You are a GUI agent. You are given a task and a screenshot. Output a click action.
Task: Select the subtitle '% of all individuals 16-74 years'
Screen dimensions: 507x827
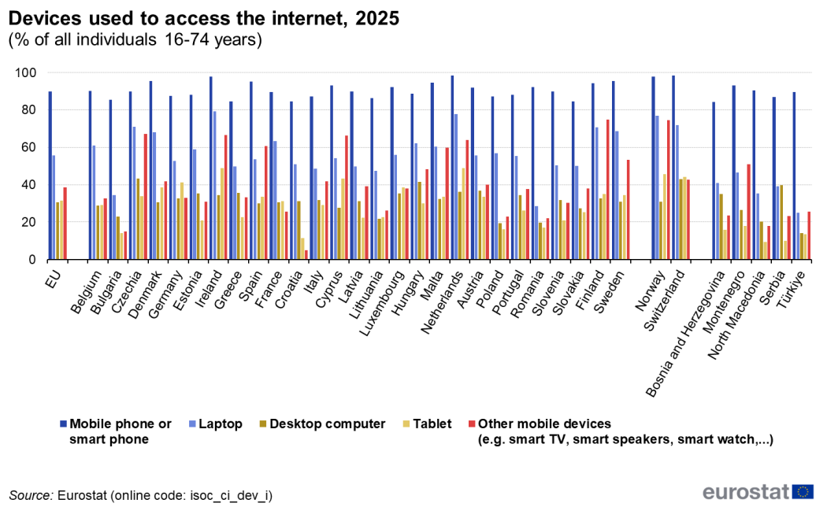click(135, 39)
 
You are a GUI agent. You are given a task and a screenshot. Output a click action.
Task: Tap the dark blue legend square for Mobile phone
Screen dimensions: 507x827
click(62, 424)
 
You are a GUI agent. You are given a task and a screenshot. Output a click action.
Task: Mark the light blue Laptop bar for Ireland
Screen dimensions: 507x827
click(215, 186)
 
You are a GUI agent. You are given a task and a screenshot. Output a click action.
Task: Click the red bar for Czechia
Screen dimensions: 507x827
click(145, 197)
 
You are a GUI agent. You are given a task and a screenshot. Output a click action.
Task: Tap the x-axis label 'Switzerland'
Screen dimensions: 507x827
click(666, 294)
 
